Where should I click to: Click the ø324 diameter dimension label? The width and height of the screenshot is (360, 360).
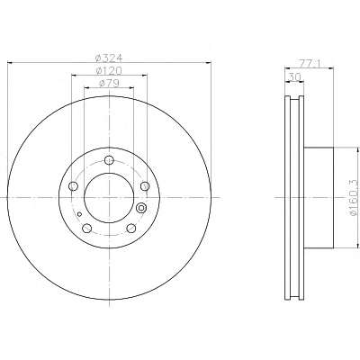tap(109, 58)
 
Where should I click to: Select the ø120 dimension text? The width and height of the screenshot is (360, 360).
tap(109, 70)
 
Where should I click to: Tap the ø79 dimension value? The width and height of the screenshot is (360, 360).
tap(109, 83)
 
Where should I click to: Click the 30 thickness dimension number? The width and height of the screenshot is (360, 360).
tap(294, 77)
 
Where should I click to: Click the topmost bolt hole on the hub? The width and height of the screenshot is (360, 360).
tap(109, 160)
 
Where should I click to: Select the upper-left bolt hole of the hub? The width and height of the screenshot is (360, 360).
tap(74, 186)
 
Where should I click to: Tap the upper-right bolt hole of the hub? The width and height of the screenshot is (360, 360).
tap(145, 186)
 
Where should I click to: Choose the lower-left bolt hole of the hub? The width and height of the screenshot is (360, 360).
tap(87, 229)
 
